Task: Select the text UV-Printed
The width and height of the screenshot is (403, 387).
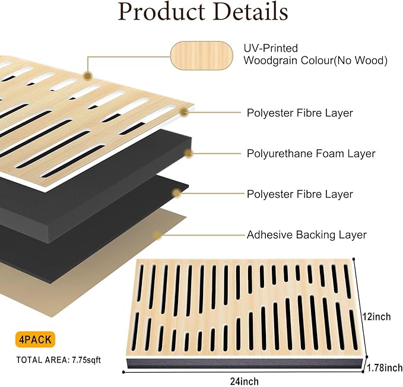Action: pyautogui.click(x=271, y=48)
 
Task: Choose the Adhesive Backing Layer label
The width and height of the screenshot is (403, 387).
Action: pyautogui.click(x=306, y=235)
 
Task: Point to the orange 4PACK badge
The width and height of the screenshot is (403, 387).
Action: pyautogui.click(x=34, y=340)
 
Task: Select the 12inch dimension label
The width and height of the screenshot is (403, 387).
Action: pyautogui.click(x=377, y=317)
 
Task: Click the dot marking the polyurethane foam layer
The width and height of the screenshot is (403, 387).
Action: pyautogui.click(x=189, y=154)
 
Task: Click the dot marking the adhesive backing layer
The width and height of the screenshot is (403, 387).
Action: pyautogui.click(x=157, y=236)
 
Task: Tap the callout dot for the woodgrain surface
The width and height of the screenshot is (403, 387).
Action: pyautogui.click(x=88, y=76)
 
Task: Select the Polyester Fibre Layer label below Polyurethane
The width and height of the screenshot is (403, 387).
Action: pyautogui.click(x=300, y=194)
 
